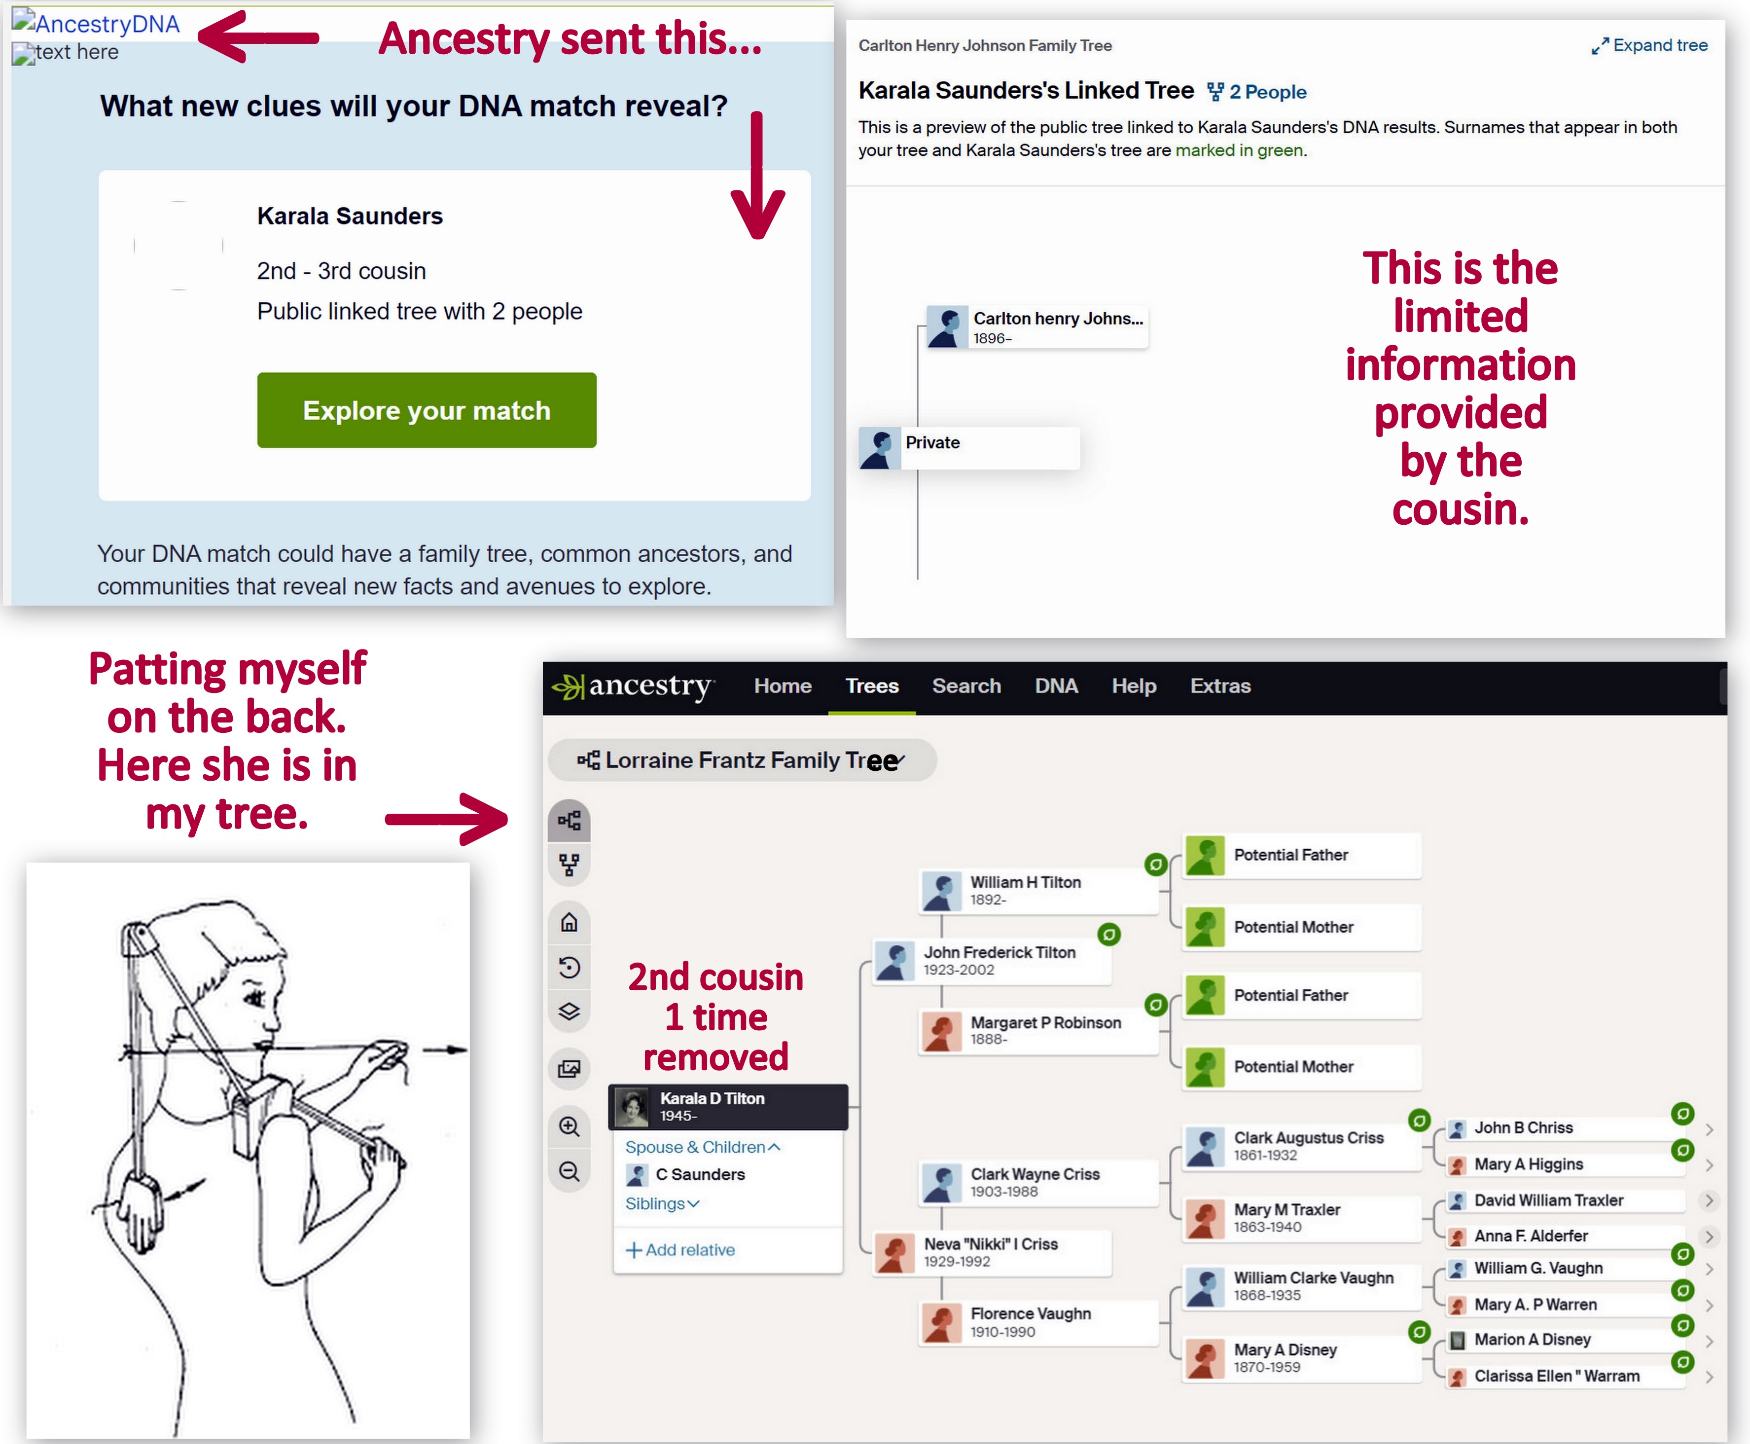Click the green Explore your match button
427,410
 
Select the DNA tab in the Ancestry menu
1056,686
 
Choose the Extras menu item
1220,686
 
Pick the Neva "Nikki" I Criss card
992,1252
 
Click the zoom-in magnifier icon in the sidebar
570,1127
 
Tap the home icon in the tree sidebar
570,922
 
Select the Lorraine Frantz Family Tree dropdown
742,760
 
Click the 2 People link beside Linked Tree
1257,92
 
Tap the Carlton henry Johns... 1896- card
1038,327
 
